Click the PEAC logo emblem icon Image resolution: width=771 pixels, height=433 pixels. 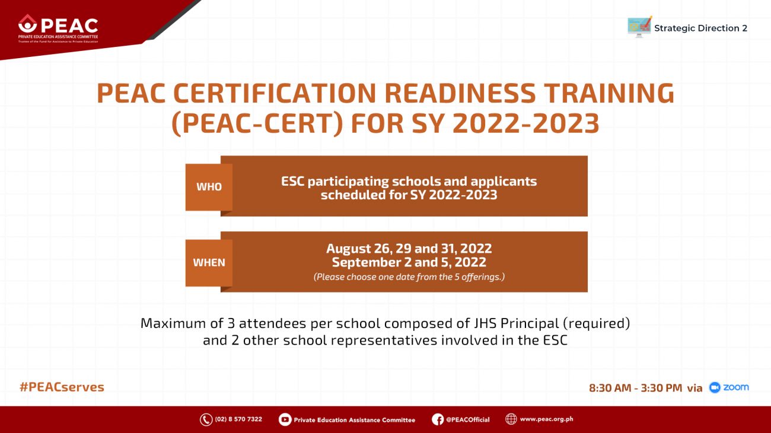27,24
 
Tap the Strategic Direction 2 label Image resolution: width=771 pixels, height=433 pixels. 700,28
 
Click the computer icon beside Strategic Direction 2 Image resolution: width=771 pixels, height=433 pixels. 639,27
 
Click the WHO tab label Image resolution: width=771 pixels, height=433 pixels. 209,187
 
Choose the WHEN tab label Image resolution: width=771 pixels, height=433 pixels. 209,262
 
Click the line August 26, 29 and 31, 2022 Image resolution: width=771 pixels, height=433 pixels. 409,249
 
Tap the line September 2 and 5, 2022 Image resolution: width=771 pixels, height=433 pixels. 409,262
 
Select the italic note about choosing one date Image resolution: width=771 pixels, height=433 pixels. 409,277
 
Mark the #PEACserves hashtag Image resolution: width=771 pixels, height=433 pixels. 62,387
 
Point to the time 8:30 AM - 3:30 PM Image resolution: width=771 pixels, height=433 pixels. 635,388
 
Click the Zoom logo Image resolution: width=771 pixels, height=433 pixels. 729,387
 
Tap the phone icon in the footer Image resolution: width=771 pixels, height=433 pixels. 206,419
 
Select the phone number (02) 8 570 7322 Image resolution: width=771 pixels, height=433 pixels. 238,419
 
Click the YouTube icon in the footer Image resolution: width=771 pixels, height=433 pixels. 285,419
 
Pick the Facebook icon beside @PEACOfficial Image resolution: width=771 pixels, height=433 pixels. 438,419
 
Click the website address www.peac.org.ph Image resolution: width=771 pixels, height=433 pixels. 546,419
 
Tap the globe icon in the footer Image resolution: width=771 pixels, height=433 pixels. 511,419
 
